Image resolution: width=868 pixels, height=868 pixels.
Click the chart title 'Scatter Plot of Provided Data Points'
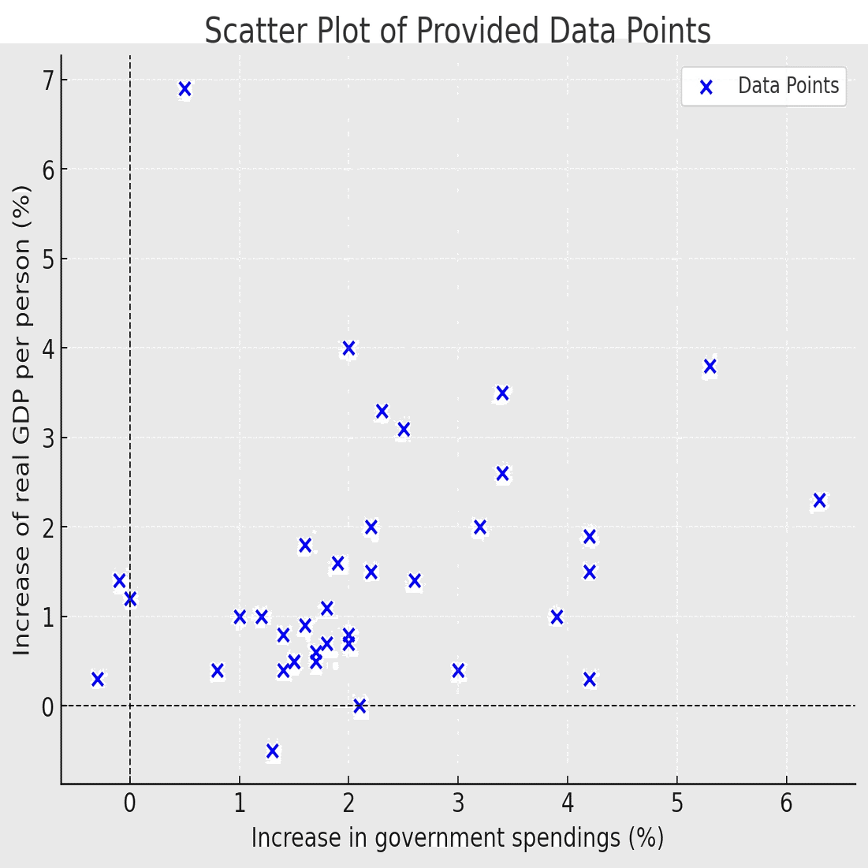tap(457, 32)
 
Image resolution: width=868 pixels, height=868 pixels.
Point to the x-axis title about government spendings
tap(457, 837)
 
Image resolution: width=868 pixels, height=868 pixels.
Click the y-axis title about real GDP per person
tap(22, 419)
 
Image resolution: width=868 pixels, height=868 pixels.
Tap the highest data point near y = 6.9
tap(184, 89)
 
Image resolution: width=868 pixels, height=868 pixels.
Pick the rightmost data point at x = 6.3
tap(819, 501)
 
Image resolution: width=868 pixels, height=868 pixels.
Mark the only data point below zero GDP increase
tap(272, 751)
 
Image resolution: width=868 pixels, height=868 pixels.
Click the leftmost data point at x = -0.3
tap(97, 679)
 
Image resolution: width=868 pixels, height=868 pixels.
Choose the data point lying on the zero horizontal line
tap(359, 706)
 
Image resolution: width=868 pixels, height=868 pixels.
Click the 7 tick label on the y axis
tap(49, 80)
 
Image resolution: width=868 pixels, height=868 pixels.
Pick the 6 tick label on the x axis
tap(786, 803)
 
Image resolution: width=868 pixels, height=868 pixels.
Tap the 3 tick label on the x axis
tap(458, 803)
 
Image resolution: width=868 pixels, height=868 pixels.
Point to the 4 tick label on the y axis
tap(49, 348)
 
